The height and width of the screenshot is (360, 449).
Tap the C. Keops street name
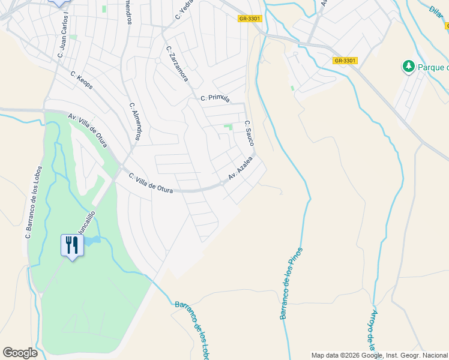click(82, 80)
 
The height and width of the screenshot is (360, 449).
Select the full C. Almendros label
click(134, 122)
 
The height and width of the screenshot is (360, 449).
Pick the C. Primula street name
click(215, 98)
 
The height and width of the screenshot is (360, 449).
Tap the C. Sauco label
click(249, 133)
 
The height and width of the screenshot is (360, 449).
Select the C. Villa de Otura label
click(151, 182)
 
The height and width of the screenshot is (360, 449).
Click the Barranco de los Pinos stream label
click(292, 283)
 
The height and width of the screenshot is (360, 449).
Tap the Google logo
click(20, 353)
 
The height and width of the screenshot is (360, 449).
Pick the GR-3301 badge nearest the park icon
click(345, 61)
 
